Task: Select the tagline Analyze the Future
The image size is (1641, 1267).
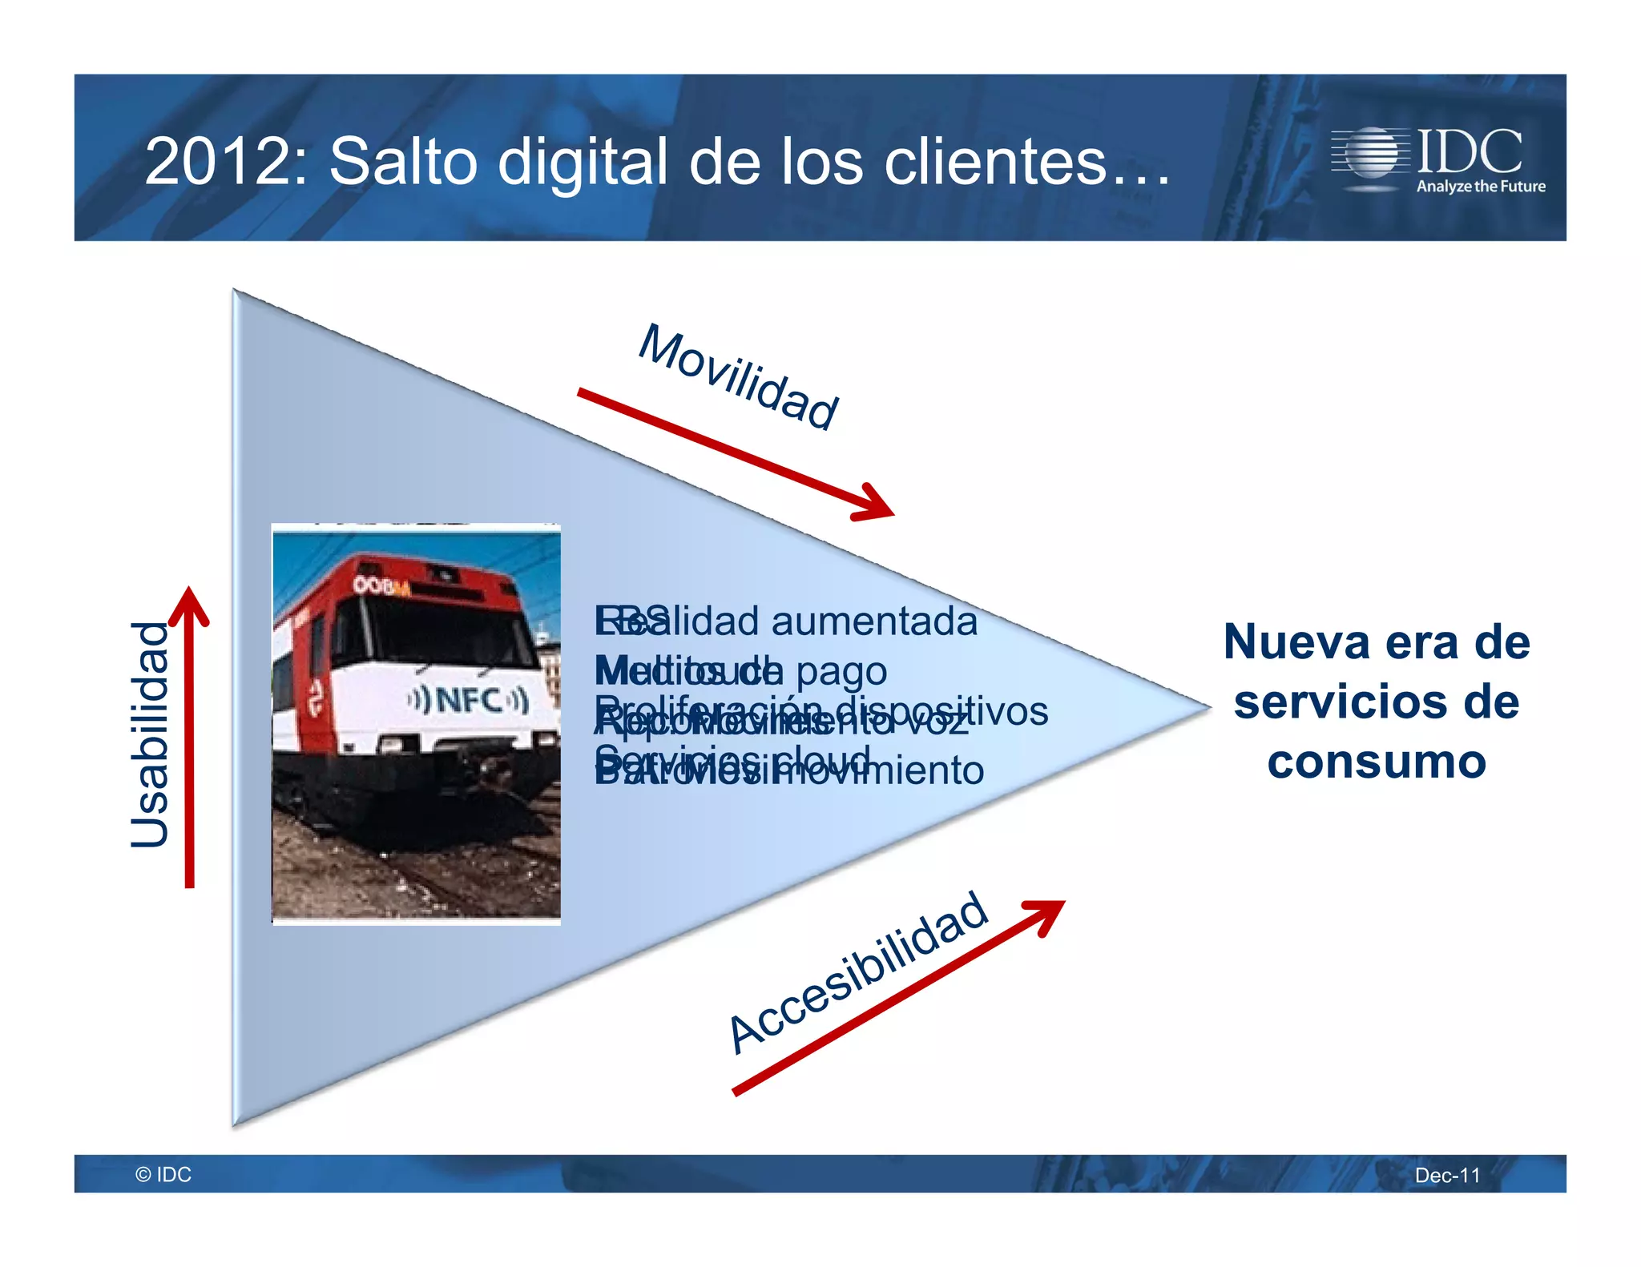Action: point(1481,187)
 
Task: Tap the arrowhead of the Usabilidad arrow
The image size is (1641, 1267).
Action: point(190,603)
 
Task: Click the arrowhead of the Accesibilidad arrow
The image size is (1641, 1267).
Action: point(1049,914)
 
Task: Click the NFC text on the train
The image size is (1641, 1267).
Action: point(469,700)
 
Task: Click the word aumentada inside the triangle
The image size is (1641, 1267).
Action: point(874,621)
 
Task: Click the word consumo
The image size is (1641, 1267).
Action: point(1376,761)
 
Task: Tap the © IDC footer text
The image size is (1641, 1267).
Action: point(163,1174)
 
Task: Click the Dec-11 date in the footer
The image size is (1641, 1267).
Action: point(1447,1175)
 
